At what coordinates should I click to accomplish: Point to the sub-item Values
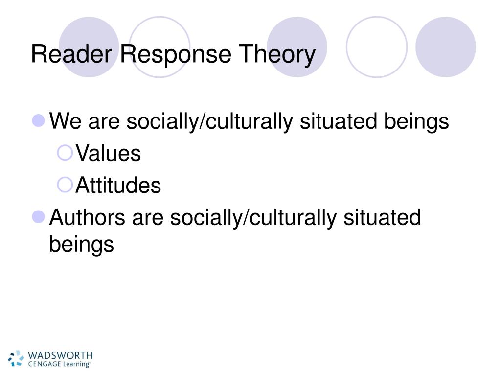click(x=108, y=154)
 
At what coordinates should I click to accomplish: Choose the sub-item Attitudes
click(x=118, y=186)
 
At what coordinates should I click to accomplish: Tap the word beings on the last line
click(x=81, y=244)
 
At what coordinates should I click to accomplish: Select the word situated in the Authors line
click(x=382, y=217)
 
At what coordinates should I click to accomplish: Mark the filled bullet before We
click(x=39, y=120)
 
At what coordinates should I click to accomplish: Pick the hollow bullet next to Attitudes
click(x=64, y=185)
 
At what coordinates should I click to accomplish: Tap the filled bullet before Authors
click(x=39, y=216)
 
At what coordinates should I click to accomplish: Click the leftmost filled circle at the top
click(x=89, y=47)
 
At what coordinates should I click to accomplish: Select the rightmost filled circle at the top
click(x=445, y=47)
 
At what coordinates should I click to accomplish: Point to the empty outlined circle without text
click(x=376, y=47)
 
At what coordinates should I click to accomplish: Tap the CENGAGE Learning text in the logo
click(x=59, y=364)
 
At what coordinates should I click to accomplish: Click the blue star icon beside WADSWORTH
click(x=16, y=358)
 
